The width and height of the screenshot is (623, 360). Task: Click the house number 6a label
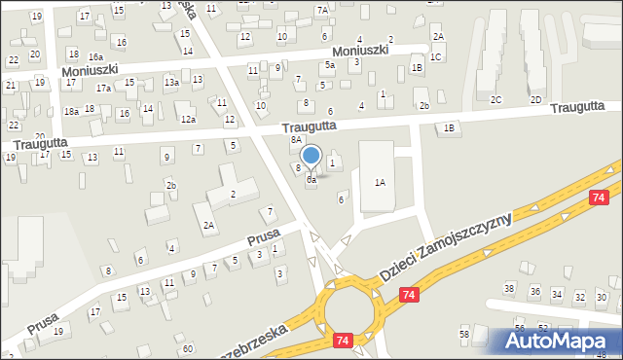click(311, 180)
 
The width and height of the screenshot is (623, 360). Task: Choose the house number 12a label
click(188, 120)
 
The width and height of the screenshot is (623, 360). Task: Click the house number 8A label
click(296, 140)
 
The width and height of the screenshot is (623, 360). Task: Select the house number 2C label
click(495, 100)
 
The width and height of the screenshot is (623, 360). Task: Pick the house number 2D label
click(535, 100)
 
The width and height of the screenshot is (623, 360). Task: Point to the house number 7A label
click(322, 10)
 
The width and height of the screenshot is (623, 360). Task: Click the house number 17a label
click(103, 88)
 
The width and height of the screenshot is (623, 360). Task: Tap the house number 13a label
click(171, 83)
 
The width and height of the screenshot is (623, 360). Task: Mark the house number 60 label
click(187, 348)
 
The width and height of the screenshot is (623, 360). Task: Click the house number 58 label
click(464, 334)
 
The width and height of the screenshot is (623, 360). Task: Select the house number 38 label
click(508, 288)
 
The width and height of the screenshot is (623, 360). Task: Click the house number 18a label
click(71, 112)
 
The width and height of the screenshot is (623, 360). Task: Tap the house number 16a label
click(95, 58)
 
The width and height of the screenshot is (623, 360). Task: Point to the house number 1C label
click(436, 57)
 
